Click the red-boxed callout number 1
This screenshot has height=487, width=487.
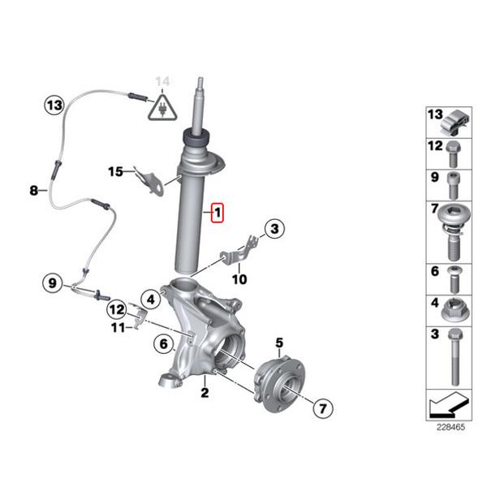tap(216, 213)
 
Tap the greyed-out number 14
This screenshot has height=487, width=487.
tap(163, 81)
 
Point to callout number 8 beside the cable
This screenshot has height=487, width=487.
tap(33, 191)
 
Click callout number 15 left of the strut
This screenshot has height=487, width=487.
tap(116, 171)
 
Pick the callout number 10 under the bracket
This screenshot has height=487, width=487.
tap(239, 279)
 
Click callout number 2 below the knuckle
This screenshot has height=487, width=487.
tap(205, 394)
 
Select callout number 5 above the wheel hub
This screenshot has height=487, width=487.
tap(278, 343)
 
